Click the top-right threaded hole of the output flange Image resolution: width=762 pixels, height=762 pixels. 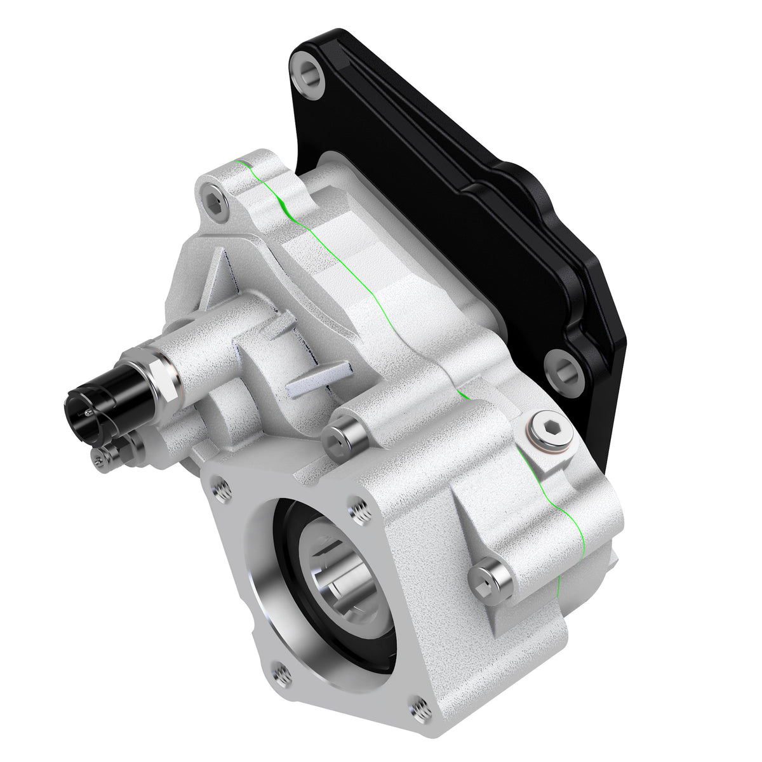pyautogui.click(x=359, y=511)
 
